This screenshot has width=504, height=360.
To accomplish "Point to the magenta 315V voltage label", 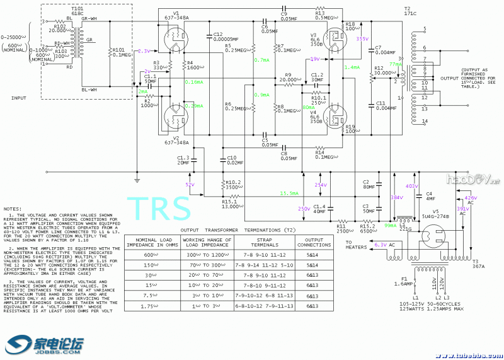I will (x=362, y=39).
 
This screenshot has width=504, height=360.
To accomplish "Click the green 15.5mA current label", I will (x=289, y=194).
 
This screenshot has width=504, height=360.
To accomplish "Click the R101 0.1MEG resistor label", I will (x=122, y=51).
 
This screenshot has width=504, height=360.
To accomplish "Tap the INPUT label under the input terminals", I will (x=19, y=98).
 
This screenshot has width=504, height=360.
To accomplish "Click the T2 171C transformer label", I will (x=409, y=13).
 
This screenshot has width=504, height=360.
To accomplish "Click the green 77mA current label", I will (x=395, y=64).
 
